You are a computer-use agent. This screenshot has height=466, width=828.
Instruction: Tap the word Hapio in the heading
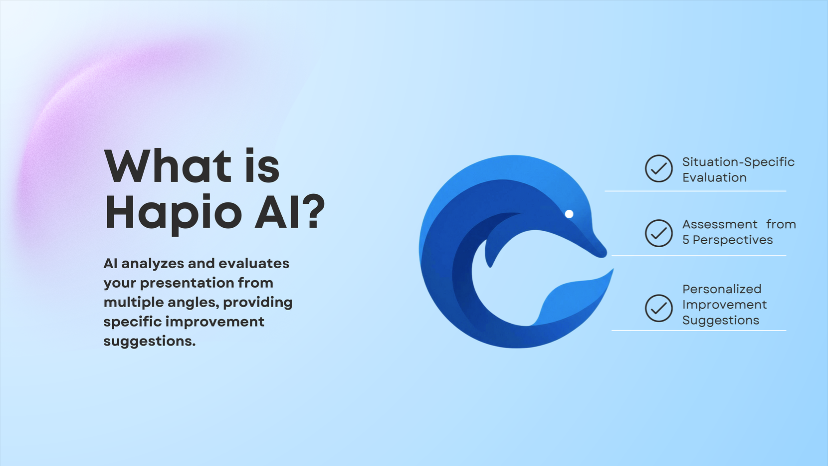(174, 214)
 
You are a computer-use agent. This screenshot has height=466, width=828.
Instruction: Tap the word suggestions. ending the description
(149, 341)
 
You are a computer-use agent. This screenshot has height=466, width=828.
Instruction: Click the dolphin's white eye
(569, 214)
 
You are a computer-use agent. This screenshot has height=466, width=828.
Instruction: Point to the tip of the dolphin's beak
(605, 254)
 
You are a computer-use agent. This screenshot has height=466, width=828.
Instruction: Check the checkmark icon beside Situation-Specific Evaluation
(659, 168)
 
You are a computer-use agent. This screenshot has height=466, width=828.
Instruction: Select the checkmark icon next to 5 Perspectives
(659, 233)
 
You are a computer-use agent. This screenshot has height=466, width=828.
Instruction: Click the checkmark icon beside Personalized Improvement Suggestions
(659, 308)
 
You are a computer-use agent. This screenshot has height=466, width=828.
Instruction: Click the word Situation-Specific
(738, 162)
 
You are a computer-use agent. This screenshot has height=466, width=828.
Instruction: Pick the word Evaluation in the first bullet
(714, 178)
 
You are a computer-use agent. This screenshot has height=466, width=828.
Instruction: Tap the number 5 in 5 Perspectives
(686, 240)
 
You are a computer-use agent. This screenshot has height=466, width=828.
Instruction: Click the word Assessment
(720, 224)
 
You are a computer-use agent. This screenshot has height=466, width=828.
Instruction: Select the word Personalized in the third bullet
(722, 289)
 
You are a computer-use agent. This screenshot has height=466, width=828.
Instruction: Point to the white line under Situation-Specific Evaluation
(695, 191)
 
